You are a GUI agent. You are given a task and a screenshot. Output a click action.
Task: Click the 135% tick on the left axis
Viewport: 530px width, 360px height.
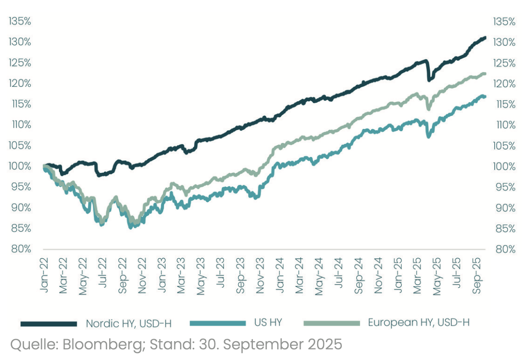point(19,21)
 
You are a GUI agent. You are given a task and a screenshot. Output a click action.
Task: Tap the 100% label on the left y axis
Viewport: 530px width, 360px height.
point(19,166)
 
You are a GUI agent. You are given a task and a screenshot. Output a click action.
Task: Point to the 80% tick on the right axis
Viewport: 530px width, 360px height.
point(504,249)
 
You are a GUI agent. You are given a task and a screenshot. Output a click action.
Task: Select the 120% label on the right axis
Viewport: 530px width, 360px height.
point(504,83)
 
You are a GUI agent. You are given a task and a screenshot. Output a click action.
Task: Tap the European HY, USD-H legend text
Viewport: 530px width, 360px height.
point(418,323)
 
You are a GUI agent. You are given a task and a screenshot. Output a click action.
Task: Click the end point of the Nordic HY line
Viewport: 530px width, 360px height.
point(485,38)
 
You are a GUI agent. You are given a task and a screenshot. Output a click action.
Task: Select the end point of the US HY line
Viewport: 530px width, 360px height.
point(485,97)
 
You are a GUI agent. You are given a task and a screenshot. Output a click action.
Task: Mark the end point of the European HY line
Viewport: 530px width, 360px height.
point(485,74)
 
